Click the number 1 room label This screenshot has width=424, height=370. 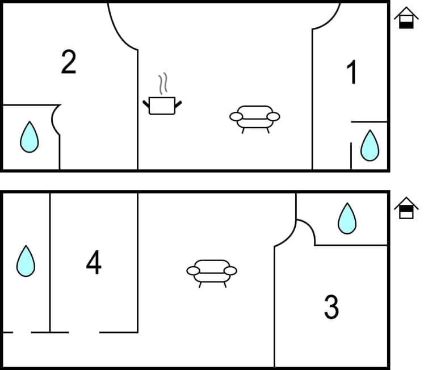pyautogui.click(x=352, y=73)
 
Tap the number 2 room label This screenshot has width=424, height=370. pyautogui.click(x=68, y=62)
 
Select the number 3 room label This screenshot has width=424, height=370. pyautogui.click(x=331, y=307)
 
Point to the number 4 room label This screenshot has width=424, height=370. pyautogui.click(x=94, y=262)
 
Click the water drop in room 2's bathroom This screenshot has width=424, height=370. pyautogui.click(x=29, y=137)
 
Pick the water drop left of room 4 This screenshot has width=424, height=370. pyautogui.click(x=26, y=261)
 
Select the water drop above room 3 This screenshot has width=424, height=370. pyautogui.click(x=347, y=218)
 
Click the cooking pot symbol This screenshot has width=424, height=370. pyautogui.click(x=162, y=105)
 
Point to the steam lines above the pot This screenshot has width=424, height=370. pyautogui.click(x=163, y=83)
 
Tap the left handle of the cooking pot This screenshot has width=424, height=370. pyautogui.click(x=146, y=103)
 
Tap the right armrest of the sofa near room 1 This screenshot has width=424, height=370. pyautogui.click(x=274, y=116)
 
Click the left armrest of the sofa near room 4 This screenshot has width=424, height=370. pyautogui.click(x=193, y=271)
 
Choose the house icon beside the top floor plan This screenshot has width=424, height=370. pyautogui.click(x=406, y=18)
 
